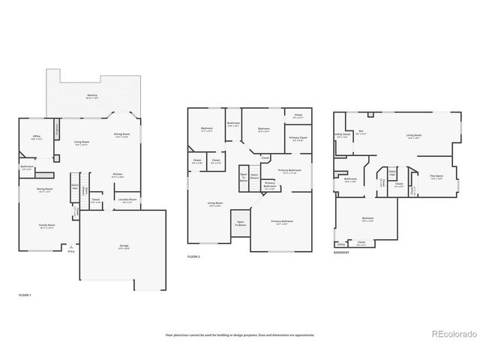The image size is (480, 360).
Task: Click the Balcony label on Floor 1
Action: pyautogui.click(x=92, y=96)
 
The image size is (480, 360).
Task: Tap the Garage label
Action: pyautogui.click(x=123, y=246)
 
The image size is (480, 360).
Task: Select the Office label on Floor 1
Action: pyautogui.click(x=36, y=136)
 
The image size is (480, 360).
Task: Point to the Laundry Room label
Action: pyautogui.click(x=127, y=199)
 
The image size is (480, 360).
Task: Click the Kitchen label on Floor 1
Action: pyautogui.click(x=118, y=175)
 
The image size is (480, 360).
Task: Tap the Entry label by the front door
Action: pyautogui.click(x=71, y=251)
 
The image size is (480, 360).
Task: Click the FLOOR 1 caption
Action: pyautogui.click(x=25, y=295)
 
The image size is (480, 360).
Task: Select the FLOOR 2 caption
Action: pyautogui.click(x=194, y=256)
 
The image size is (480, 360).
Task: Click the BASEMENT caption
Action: pyautogui.click(x=342, y=253)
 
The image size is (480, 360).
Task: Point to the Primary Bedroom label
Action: pyautogui.click(x=282, y=222)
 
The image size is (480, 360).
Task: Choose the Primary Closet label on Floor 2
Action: pyautogui.click(x=297, y=139)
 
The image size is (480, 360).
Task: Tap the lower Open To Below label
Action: pyautogui.click(x=240, y=223)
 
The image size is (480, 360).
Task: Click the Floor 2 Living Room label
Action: pyautogui.click(x=214, y=203)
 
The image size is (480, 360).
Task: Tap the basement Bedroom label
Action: pyautogui.click(x=367, y=218)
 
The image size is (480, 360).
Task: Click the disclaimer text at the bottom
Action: pyautogui.click(x=240, y=335)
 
